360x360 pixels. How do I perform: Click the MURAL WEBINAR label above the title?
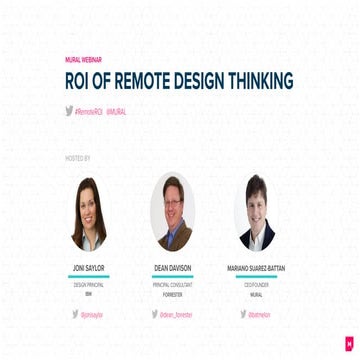click(x=83, y=60)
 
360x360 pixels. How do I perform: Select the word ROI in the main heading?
click(x=81, y=82)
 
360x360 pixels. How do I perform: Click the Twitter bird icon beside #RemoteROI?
click(x=69, y=111)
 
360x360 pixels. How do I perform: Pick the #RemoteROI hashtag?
click(x=89, y=112)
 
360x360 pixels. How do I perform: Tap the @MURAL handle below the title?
click(x=116, y=112)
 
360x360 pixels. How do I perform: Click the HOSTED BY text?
click(x=78, y=158)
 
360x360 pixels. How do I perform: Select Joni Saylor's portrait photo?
click(x=90, y=213)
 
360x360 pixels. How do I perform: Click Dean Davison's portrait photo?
click(x=173, y=212)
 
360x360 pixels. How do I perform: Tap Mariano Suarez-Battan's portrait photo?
click(x=257, y=212)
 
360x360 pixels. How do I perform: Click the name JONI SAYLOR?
click(x=90, y=269)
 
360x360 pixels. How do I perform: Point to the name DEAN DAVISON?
click(x=173, y=269)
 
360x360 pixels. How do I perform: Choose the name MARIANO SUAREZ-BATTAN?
click(x=257, y=269)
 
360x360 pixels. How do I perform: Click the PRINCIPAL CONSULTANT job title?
click(x=173, y=285)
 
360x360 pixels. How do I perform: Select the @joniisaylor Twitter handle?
click(x=93, y=314)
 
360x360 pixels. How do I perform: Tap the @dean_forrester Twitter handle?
click(x=178, y=314)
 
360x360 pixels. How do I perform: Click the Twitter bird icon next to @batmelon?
click(x=243, y=314)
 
